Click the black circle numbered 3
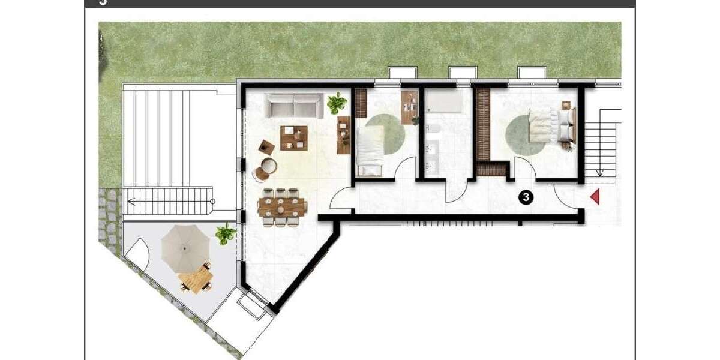coord(526,196)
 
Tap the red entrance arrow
coord(595,196)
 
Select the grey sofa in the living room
coord(293,106)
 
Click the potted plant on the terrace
coord(226,233)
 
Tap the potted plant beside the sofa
coord(337,103)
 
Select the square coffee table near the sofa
coord(293,136)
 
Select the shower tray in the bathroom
coord(444,102)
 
